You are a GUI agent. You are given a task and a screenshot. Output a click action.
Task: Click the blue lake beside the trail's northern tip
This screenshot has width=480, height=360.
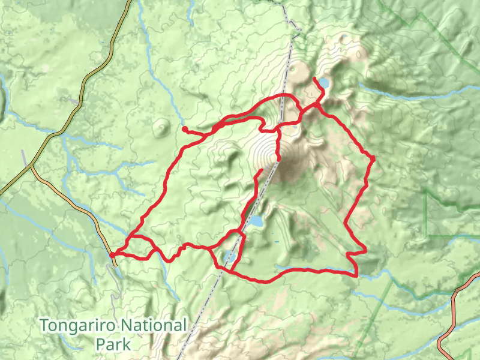coord(323,82)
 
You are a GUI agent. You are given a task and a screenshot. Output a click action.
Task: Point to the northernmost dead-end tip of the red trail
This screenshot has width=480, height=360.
coord(315,79)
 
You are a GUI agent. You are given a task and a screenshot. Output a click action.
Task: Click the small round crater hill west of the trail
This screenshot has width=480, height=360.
coord(161,126)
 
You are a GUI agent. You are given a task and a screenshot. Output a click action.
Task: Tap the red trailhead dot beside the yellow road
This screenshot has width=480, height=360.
coord(112,255)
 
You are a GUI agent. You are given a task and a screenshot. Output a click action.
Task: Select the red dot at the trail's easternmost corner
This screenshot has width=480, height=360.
coord(373,158)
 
